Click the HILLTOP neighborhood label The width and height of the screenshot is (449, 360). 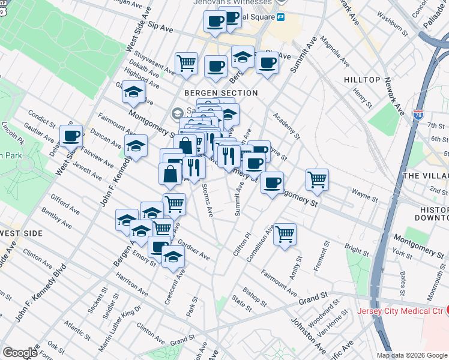(362, 80)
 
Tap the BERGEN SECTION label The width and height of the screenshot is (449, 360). (221, 93)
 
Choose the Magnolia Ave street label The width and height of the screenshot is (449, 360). (335, 52)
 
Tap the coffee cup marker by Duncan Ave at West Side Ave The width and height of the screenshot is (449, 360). (71, 136)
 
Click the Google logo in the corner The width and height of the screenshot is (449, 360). (19, 353)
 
